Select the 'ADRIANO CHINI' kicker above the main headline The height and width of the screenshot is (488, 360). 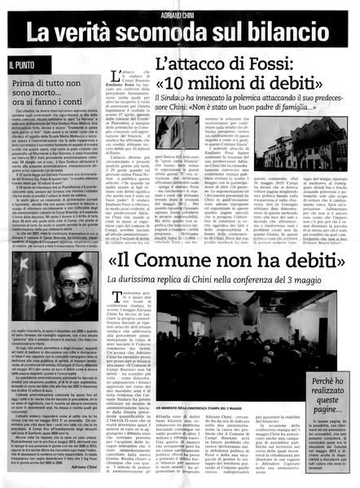(182, 11)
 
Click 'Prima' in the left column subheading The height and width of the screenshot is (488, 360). (28, 83)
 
